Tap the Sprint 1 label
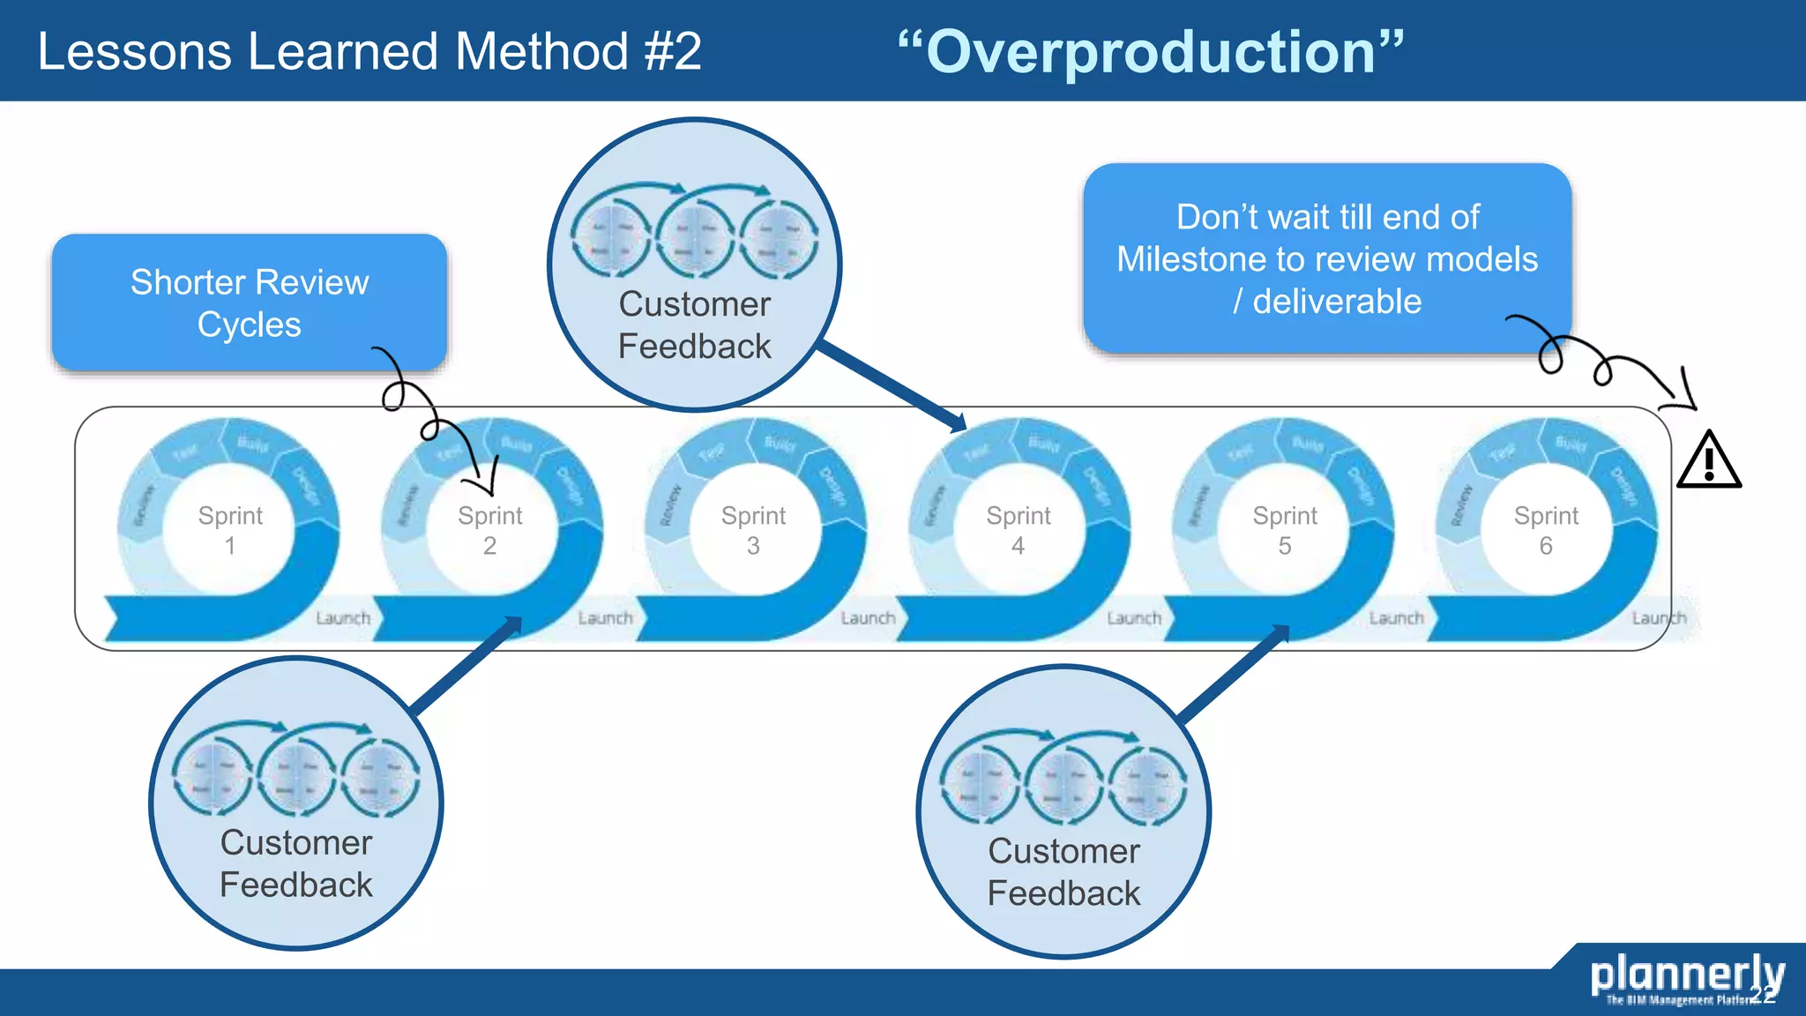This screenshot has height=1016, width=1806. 230,530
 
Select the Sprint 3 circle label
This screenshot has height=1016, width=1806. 753,530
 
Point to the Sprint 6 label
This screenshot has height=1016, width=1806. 1546,530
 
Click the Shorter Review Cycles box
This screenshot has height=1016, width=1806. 249,303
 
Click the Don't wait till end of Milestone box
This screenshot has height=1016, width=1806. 1326,258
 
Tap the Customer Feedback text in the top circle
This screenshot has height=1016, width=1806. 694,325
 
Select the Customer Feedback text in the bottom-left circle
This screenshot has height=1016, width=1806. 296,863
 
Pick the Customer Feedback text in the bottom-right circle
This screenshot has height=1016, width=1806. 1063,871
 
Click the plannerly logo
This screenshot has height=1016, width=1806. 1686,976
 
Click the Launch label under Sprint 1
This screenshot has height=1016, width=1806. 343,618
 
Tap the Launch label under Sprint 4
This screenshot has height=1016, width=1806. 1134,618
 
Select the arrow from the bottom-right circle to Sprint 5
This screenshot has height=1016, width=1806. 1235,672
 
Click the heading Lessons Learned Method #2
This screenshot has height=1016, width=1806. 369,51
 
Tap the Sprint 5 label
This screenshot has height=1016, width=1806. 1285,530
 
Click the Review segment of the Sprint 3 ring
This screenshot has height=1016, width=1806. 670,504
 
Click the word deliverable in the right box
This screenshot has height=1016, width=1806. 1337,302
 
